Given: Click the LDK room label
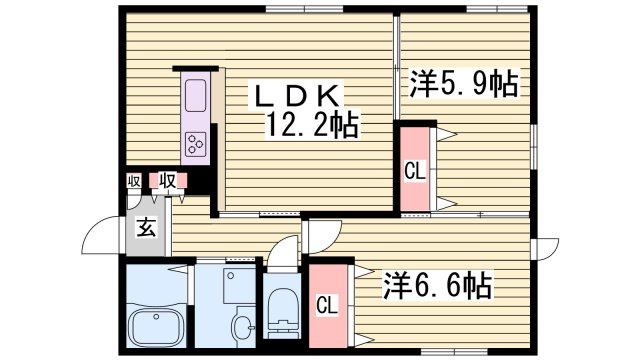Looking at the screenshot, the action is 298,96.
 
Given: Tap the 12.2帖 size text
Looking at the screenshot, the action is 312,124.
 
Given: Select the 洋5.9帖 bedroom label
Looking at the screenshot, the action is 464,84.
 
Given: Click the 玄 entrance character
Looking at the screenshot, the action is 146,228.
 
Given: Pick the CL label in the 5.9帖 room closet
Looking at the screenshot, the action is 415,171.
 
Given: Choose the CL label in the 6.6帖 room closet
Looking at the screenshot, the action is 327,305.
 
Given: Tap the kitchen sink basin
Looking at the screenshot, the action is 195,96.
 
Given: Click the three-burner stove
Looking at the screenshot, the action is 195,144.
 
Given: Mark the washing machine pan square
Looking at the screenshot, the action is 239,286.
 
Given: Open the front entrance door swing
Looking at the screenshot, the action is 103,235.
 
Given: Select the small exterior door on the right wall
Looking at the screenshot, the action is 545,249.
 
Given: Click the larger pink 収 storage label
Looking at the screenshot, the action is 168,180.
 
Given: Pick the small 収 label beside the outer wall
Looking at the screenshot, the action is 133,181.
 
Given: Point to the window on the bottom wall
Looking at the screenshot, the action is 455,351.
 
